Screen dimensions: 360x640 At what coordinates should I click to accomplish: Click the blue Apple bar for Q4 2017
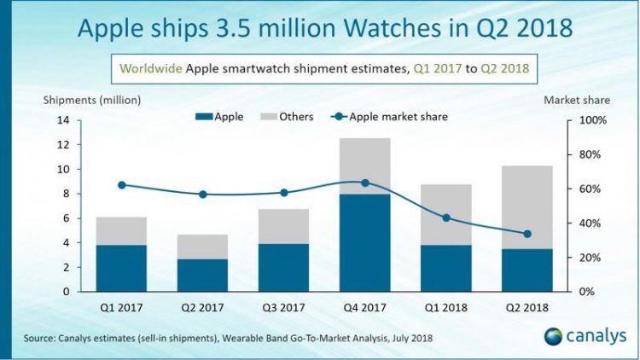tap(364, 242)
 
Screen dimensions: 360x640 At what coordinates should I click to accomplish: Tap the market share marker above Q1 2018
tap(445, 218)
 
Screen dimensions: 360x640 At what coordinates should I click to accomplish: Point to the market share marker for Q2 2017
tap(202, 195)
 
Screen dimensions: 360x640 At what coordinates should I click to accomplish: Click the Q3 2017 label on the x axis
tap(283, 305)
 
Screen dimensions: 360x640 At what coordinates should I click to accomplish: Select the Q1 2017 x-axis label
tap(121, 305)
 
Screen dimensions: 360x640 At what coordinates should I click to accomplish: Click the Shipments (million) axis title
tap(92, 100)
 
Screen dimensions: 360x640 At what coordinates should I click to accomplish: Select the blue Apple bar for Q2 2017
tap(202, 275)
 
